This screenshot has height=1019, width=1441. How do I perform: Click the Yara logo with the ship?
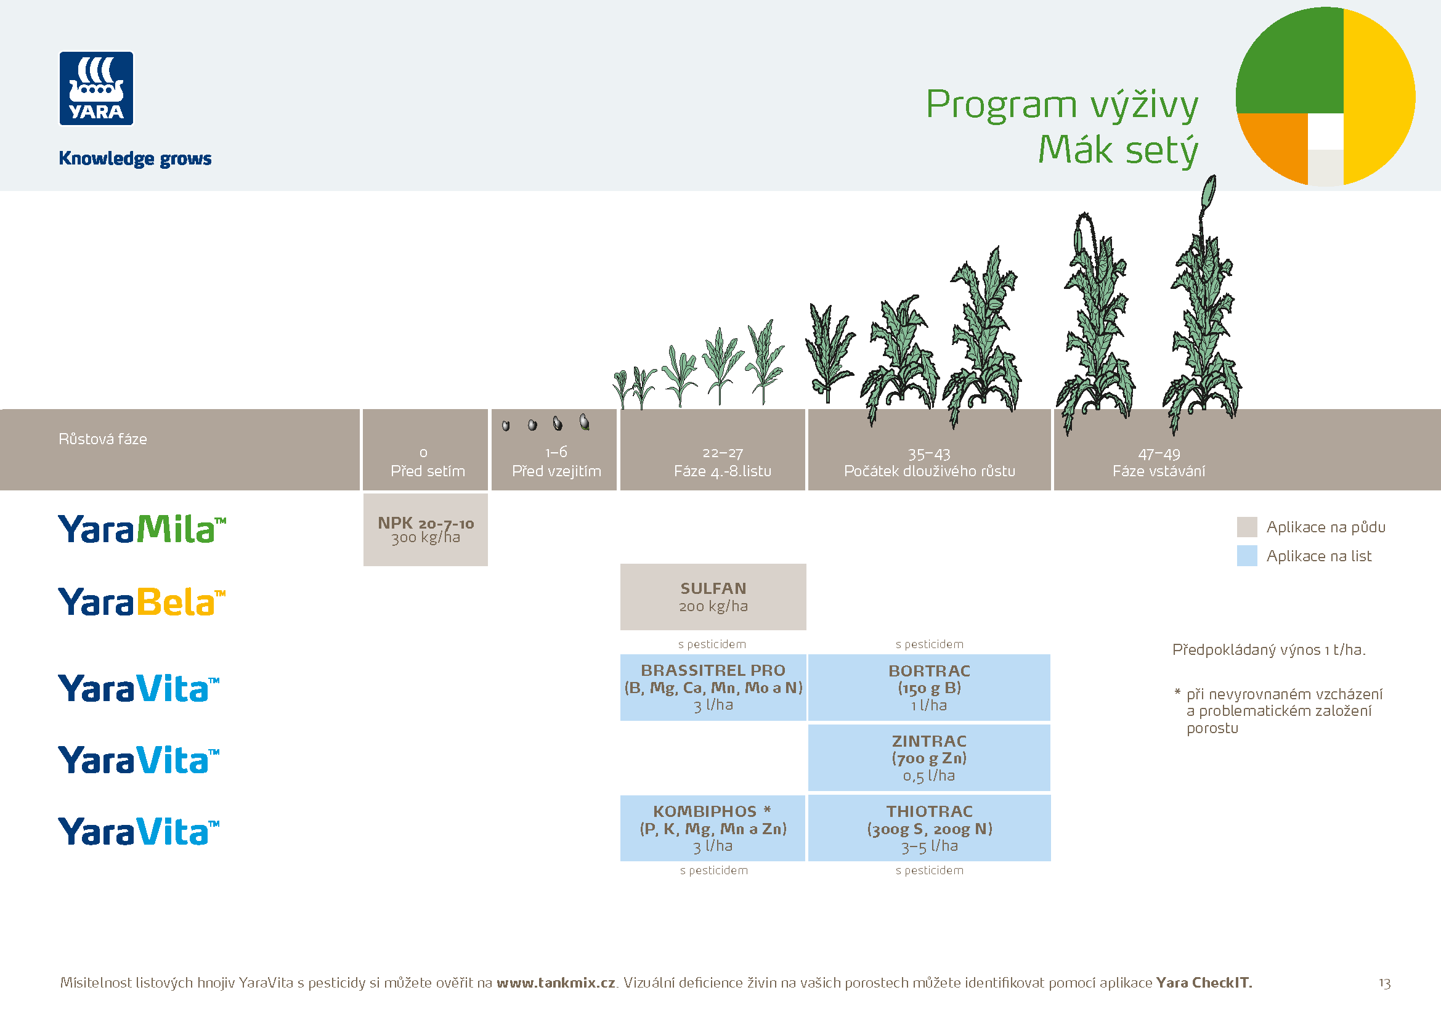96,89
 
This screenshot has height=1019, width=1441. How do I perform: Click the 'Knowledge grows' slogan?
135,158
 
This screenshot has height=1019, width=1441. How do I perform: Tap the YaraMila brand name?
141,529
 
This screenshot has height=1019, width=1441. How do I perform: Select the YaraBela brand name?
141,602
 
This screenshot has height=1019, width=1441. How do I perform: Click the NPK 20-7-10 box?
425,530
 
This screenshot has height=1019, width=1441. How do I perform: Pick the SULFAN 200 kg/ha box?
713,597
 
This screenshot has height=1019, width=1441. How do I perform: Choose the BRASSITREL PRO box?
713,687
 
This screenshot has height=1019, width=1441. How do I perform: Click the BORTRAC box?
929,687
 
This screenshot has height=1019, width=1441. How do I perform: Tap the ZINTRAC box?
929,757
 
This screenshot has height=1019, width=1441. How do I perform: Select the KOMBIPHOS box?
712,827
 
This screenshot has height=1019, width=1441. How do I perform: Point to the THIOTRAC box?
929,827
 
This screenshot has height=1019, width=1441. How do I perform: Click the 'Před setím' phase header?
425,463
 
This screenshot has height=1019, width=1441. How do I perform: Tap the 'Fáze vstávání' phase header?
1159,463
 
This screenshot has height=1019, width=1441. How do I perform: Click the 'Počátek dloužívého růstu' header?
929,463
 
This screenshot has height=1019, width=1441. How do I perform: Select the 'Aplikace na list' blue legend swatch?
1246,556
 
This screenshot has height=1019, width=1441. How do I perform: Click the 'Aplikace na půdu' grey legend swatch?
1246,527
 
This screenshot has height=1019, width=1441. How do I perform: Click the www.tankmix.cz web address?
556,983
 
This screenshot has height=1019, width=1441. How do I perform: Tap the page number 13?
1384,983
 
